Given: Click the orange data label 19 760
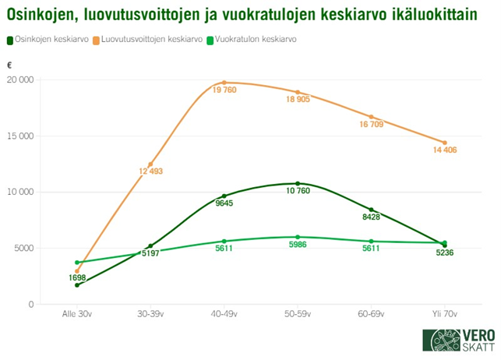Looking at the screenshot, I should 224,90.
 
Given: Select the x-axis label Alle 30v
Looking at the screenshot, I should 77,314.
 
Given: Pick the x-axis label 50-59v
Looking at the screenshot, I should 298,314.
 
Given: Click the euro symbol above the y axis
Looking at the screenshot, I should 9,66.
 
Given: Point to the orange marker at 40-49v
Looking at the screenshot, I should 224,83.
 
